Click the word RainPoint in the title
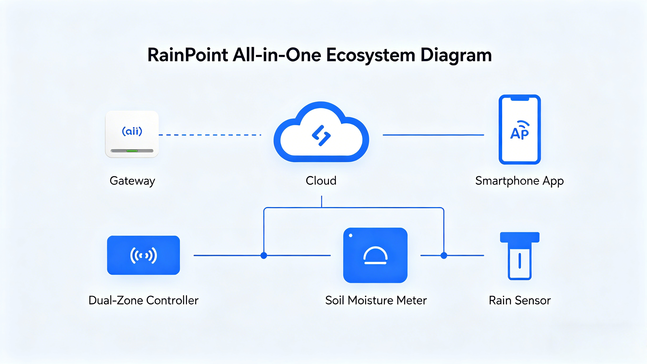pyautogui.click(x=187, y=55)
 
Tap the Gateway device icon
pyautogui.click(x=132, y=134)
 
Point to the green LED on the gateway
pyautogui.click(x=132, y=151)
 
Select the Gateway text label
pyautogui.click(x=132, y=181)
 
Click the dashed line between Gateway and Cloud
pyautogui.click(x=210, y=135)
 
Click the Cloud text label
pyautogui.click(x=321, y=181)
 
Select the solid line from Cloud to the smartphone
pyautogui.click(x=433, y=135)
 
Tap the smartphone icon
pyautogui.click(x=520, y=129)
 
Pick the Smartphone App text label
pyautogui.click(x=519, y=181)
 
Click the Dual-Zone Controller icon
pyautogui.click(x=143, y=255)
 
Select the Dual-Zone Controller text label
pyautogui.click(x=143, y=300)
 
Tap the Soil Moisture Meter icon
pyautogui.click(x=375, y=255)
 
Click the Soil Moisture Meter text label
pyautogui.click(x=376, y=300)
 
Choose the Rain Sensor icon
pyautogui.click(x=520, y=256)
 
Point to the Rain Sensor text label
pyautogui.click(x=520, y=300)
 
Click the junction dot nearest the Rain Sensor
pyautogui.click(x=444, y=255)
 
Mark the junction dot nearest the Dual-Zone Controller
pyautogui.click(x=264, y=255)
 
